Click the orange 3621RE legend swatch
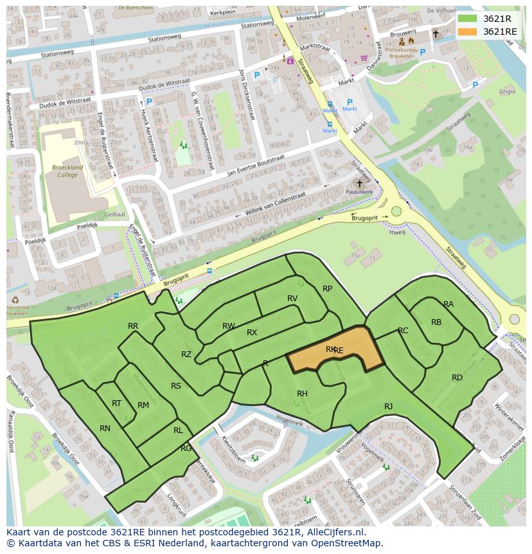click(x=467, y=32)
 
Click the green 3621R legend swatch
click(x=467, y=19)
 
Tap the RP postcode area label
click(x=328, y=289)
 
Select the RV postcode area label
click(x=292, y=299)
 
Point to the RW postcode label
click(x=229, y=326)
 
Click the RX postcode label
click(x=252, y=333)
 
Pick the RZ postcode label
click(x=186, y=355)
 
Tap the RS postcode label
click(x=176, y=386)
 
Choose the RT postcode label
click(x=116, y=403)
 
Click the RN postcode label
click(x=105, y=428)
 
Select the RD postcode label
click(x=457, y=378)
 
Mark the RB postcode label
click(x=436, y=322)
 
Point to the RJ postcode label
click(x=388, y=407)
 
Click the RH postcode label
click(x=302, y=394)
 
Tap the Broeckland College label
click(x=66, y=171)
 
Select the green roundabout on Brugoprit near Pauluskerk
click(x=396, y=211)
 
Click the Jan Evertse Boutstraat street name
click(x=255, y=165)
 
